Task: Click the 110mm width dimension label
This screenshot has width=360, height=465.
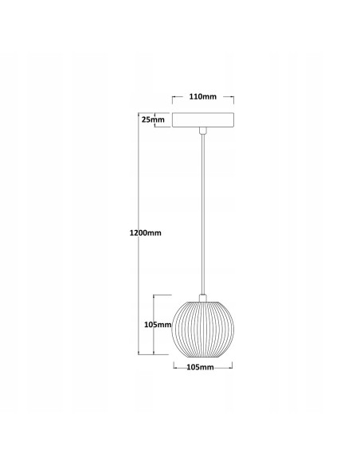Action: point(203,96)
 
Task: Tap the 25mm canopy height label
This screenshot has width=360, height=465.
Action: point(153,119)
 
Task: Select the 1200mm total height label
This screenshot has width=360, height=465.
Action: point(146,232)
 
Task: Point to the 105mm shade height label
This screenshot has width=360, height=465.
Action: point(158,325)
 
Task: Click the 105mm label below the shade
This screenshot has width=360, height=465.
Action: point(200,367)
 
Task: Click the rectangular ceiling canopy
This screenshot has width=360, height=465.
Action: point(203,119)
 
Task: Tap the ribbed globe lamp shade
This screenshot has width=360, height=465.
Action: point(203,329)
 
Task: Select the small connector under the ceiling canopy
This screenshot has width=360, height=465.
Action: point(203,131)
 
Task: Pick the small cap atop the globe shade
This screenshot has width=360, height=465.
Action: point(203,298)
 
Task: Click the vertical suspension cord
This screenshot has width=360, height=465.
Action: point(203,214)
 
